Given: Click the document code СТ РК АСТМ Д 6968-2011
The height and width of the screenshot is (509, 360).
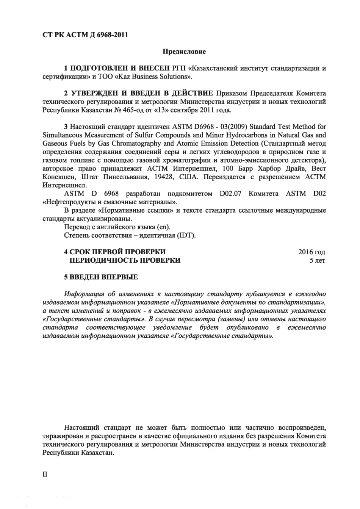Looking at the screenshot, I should click(x=85, y=35).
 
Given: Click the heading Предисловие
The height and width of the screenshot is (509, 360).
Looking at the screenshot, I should click(x=184, y=52).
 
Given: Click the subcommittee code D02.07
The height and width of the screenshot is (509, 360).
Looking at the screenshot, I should click(x=230, y=194).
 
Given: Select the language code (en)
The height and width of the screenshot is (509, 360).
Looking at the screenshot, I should click(x=163, y=227).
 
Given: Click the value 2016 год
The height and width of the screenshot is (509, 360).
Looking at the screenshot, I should click(x=311, y=252).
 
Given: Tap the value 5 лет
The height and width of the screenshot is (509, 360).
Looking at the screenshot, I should click(x=317, y=260).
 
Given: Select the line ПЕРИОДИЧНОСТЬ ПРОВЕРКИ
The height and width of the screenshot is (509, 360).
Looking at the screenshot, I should click(x=125, y=260).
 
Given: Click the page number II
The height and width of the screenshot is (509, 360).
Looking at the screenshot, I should click(x=45, y=474).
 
